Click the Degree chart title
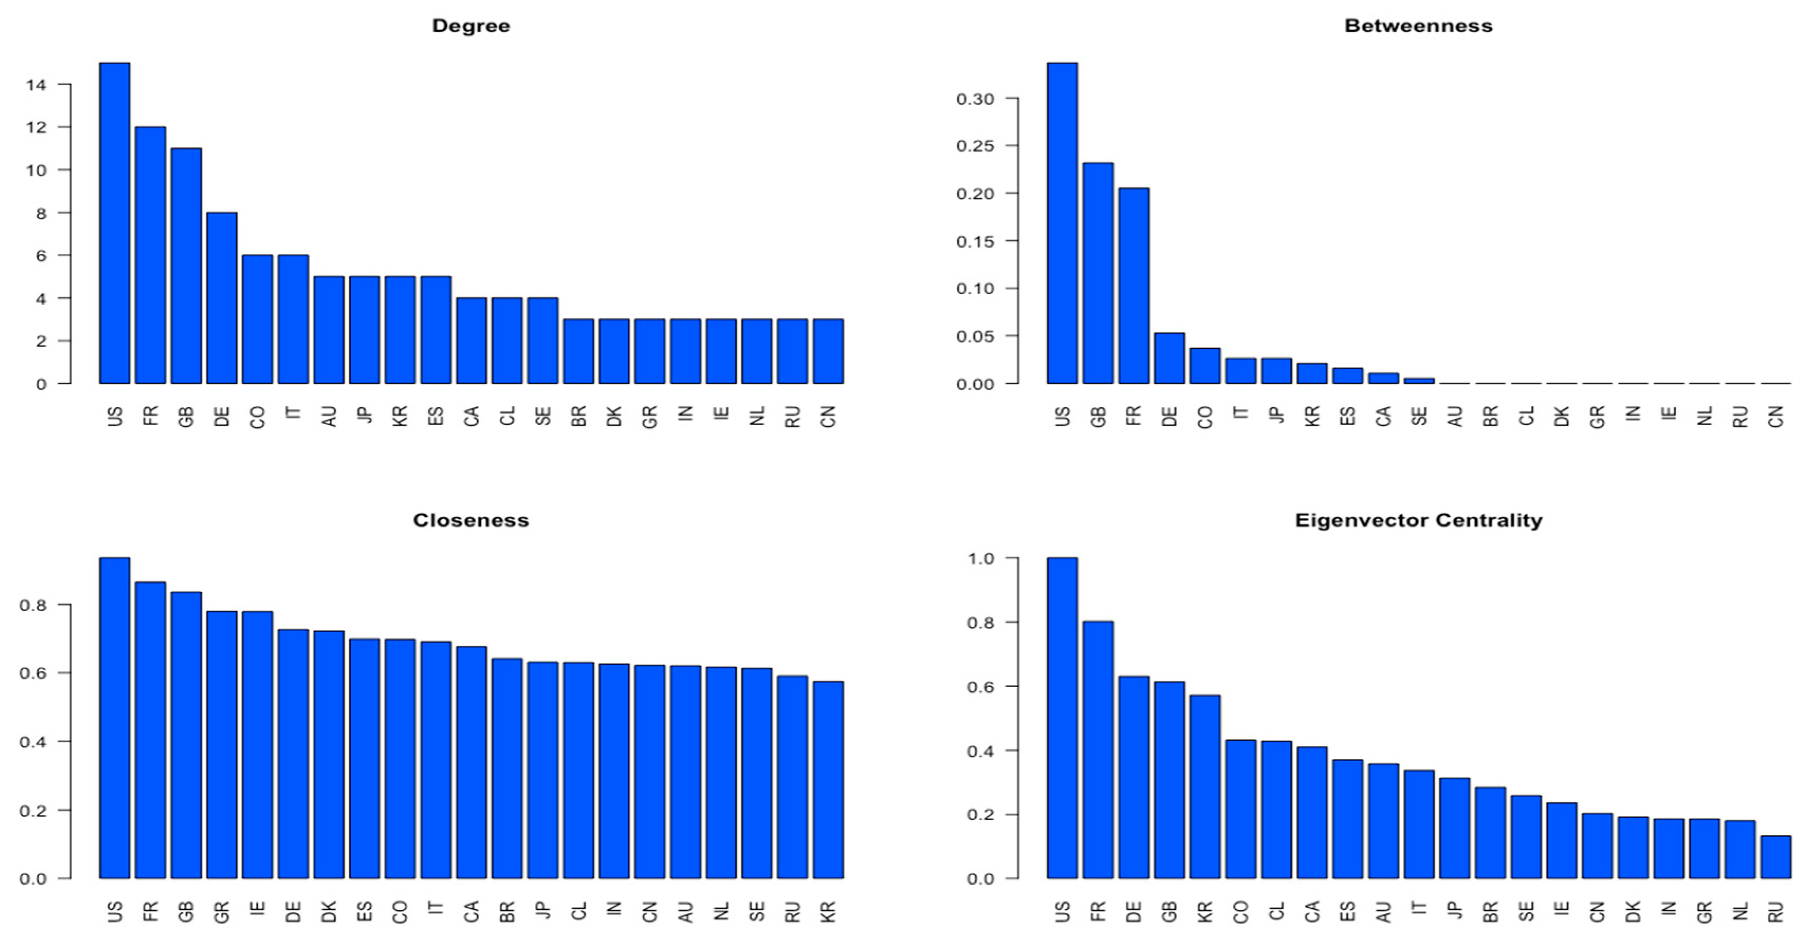[x=471, y=26]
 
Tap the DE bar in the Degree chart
[x=221, y=298]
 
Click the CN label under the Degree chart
[x=828, y=416]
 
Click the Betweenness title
[x=1418, y=26]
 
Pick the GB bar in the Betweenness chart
[x=1098, y=274]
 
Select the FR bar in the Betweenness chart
[x=1134, y=286]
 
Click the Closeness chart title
[x=471, y=521]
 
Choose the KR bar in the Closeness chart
[x=828, y=780]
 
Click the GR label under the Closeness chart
[x=221, y=912]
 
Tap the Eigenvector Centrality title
[x=1418, y=521]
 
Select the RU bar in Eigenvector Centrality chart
[x=1775, y=858]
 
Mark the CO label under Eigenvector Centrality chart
[x=1241, y=912]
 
